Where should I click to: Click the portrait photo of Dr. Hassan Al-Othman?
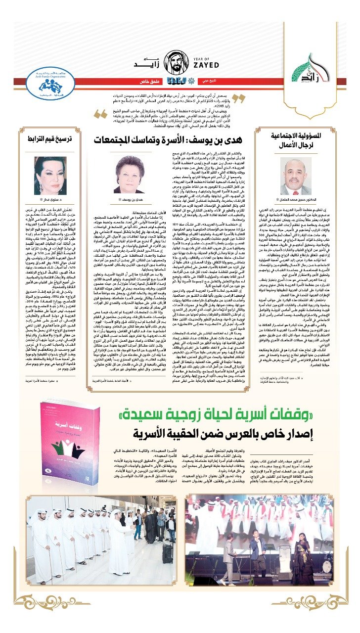(298, 176)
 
